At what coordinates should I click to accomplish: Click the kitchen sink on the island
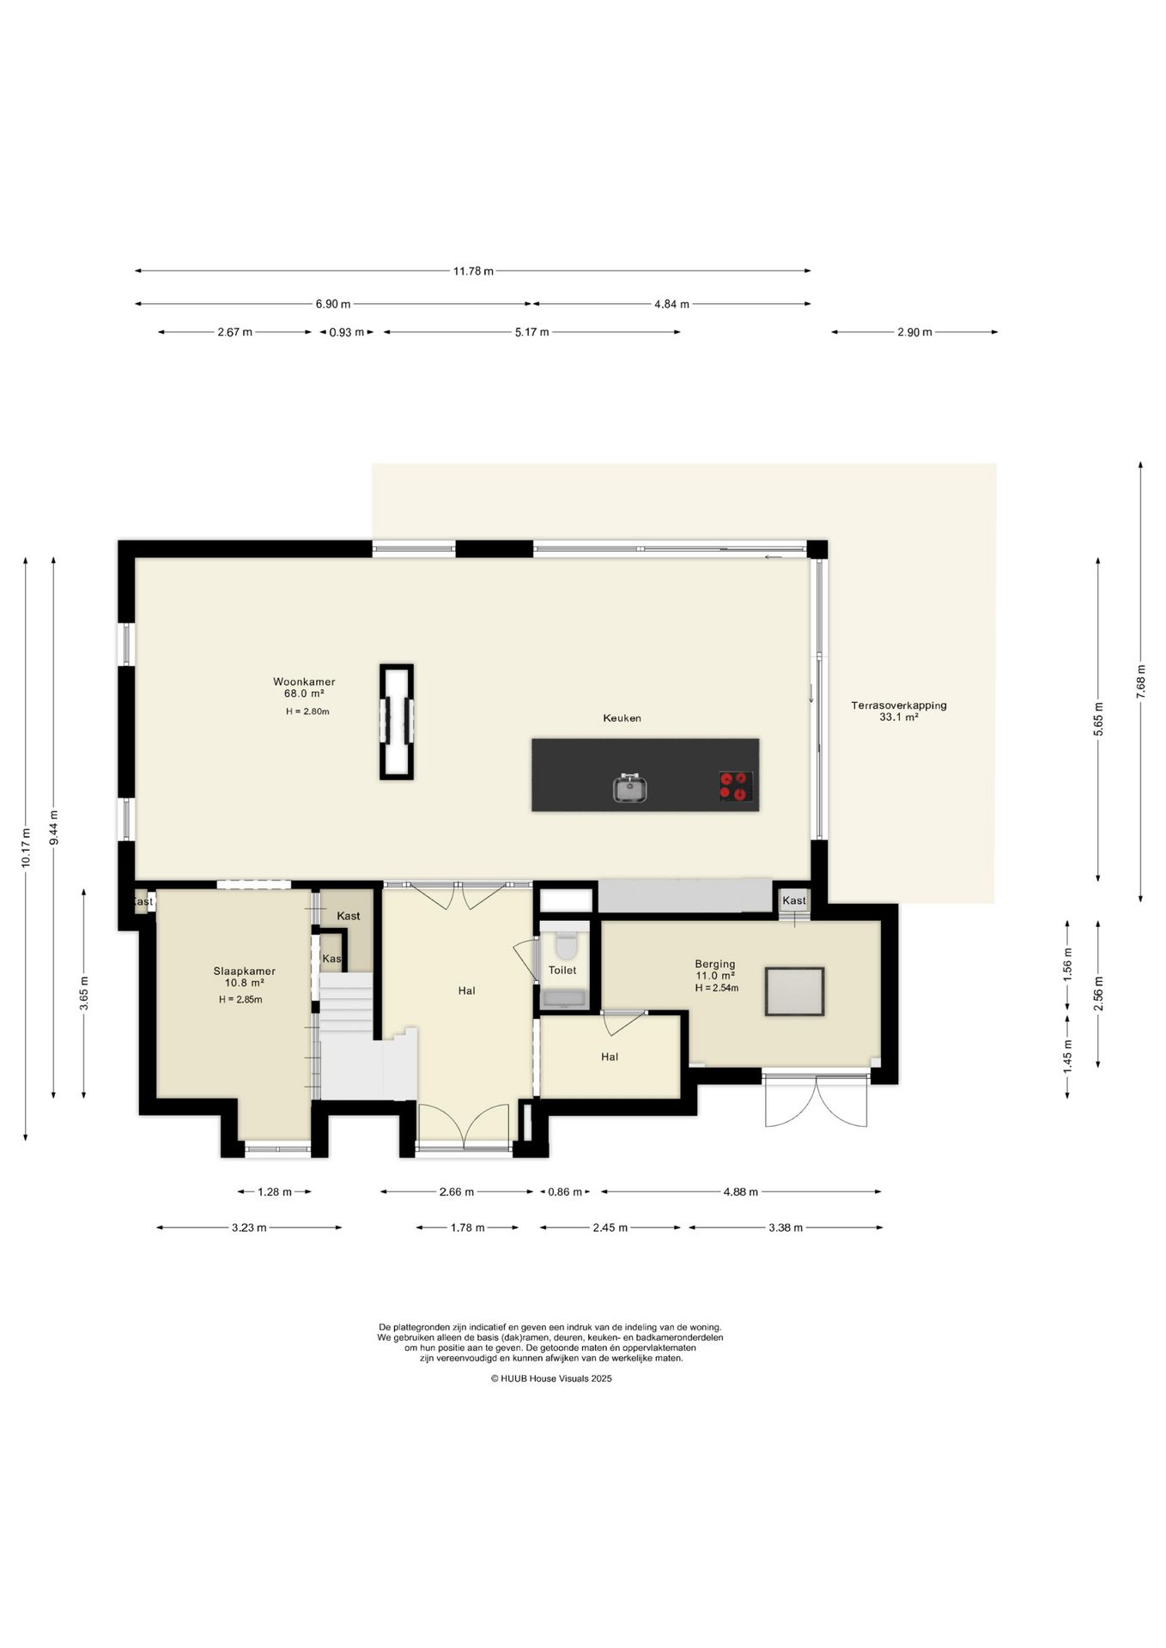click(x=629, y=787)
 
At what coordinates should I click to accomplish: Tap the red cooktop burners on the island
click(x=736, y=786)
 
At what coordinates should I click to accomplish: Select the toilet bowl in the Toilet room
click(x=565, y=945)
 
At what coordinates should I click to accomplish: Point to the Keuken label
click(x=622, y=718)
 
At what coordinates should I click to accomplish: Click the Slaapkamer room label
click(x=245, y=971)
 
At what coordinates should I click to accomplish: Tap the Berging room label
click(x=715, y=964)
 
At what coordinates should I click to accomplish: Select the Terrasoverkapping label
click(x=899, y=706)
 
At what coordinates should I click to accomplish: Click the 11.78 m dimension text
click(x=474, y=271)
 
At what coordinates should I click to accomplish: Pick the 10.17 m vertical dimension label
click(x=26, y=847)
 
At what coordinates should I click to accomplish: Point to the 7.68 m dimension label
click(x=1140, y=682)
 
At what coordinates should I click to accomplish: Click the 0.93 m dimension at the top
click(x=347, y=332)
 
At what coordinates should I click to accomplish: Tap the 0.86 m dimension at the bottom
click(x=565, y=1191)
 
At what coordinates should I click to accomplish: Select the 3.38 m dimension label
click(x=786, y=1227)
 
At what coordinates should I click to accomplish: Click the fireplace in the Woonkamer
click(x=397, y=722)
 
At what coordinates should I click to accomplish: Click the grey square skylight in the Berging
click(x=795, y=991)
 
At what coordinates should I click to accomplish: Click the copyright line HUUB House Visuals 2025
click(x=551, y=1378)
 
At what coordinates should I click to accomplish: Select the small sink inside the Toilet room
click(x=564, y=998)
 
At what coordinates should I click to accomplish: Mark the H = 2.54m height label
click(x=716, y=988)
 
